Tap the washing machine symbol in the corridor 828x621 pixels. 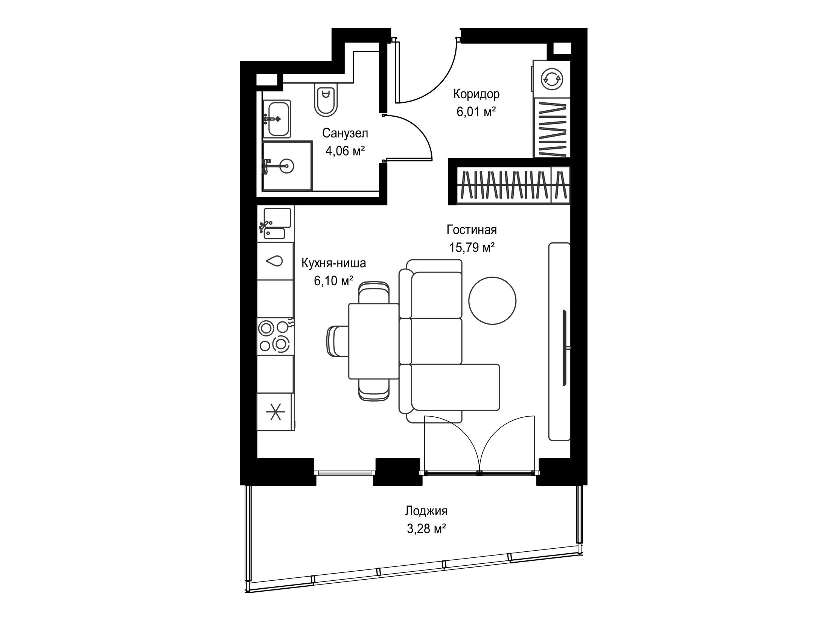pyautogui.click(x=551, y=79)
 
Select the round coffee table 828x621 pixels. pyautogui.click(x=492, y=300)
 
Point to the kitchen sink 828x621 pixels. pyautogui.click(x=275, y=224)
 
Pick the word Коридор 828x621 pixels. pyautogui.click(x=476, y=94)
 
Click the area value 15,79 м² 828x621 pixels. pyautogui.click(x=472, y=247)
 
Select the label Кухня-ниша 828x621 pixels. pyautogui.click(x=333, y=263)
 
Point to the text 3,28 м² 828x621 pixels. pyautogui.click(x=426, y=529)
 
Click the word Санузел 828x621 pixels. pyautogui.click(x=345, y=133)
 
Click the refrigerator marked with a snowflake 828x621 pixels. pyautogui.click(x=276, y=412)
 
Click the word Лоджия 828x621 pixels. pyautogui.click(x=426, y=511)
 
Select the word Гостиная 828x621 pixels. pyautogui.click(x=472, y=229)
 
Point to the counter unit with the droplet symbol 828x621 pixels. pyautogui.click(x=275, y=261)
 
